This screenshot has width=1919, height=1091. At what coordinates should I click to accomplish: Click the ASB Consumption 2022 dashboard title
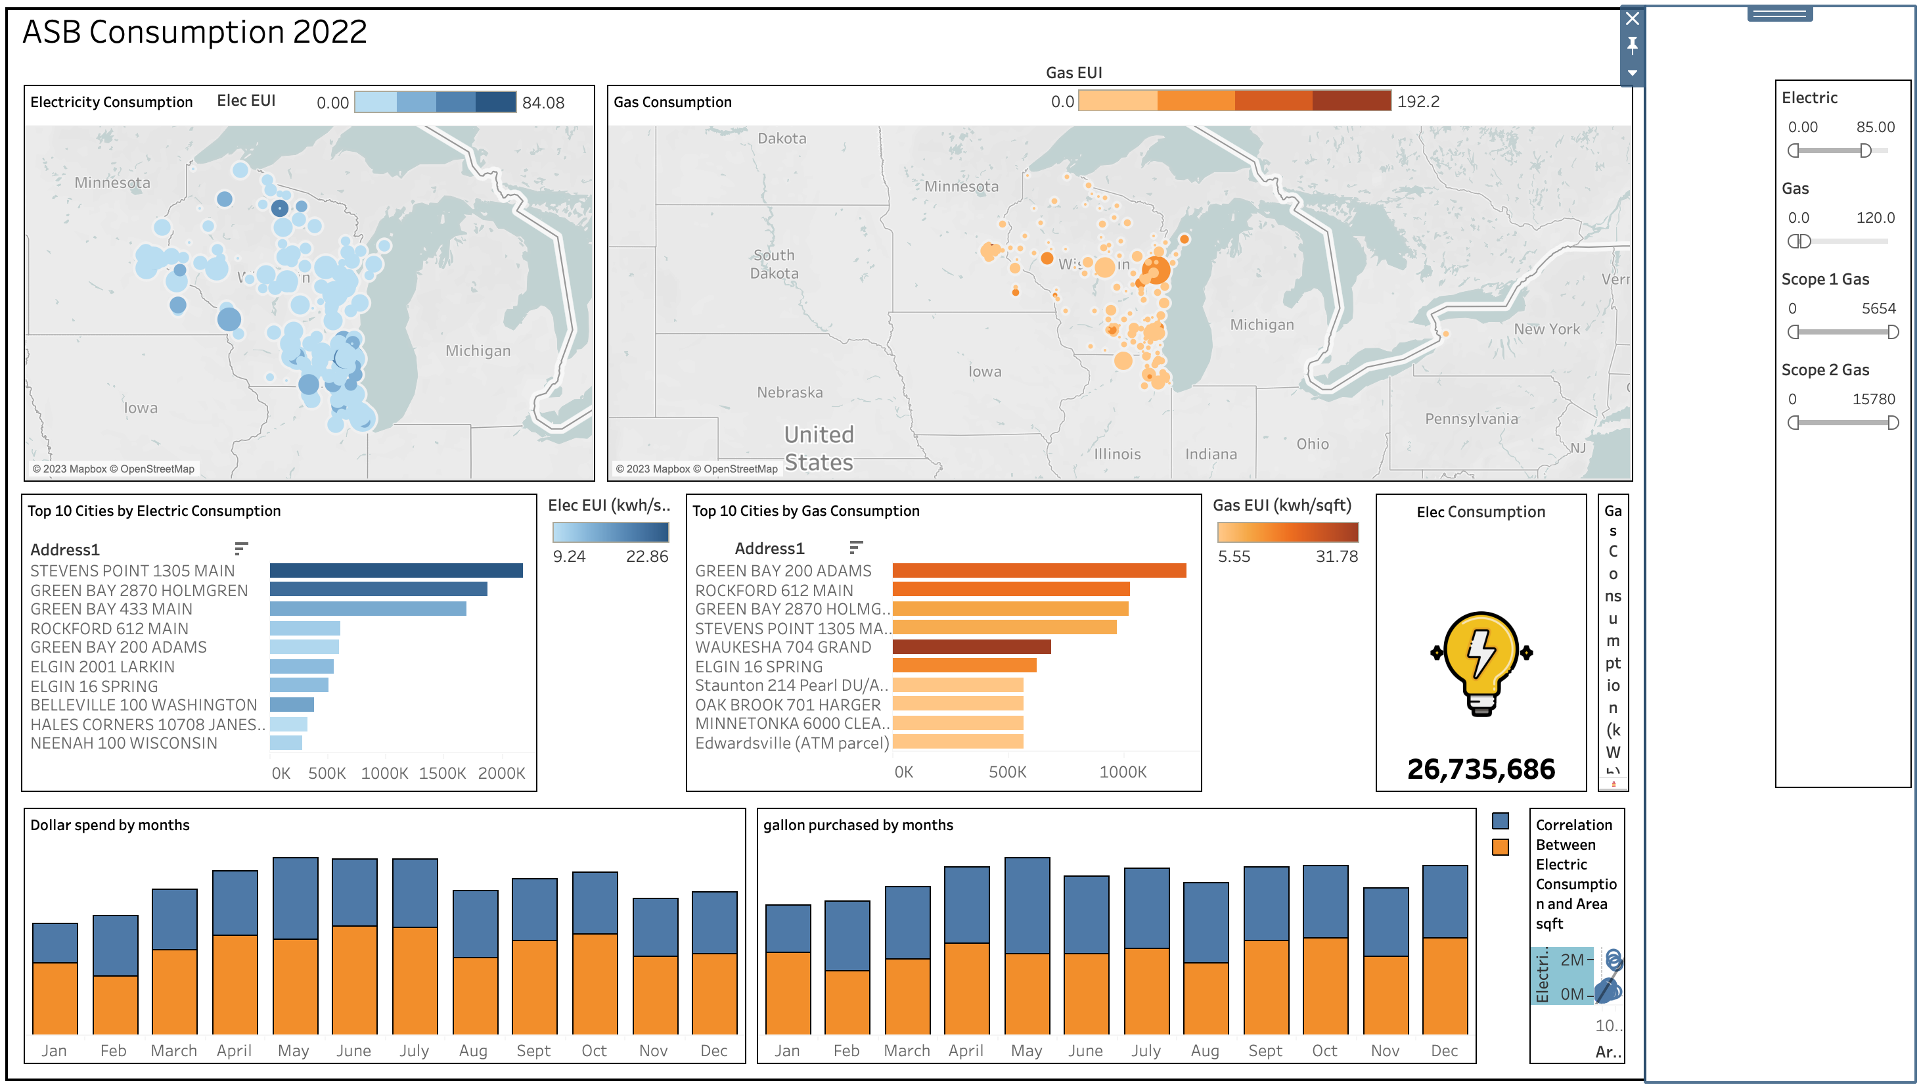click(x=194, y=32)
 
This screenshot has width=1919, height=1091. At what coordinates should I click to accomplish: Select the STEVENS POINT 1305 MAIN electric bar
click(x=395, y=570)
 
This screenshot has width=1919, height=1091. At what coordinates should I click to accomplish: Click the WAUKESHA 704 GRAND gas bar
click(x=971, y=647)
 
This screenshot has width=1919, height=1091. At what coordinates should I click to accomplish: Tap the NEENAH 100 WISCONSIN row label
click(x=124, y=743)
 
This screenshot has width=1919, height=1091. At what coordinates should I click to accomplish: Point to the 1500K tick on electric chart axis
click(x=442, y=772)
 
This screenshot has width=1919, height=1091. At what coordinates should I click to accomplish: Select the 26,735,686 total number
click(x=1480, y=769)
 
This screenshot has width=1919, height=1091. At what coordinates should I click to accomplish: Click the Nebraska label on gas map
click(x=789, y=392)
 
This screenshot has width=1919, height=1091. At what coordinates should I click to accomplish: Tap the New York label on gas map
click(x=1546, y=329)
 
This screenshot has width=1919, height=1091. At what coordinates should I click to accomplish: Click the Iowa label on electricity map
click(x=140, y=408)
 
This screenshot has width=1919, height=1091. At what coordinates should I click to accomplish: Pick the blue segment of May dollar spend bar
click(x=295, y=898)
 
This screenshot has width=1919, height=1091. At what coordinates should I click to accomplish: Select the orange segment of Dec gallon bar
click(x=1443, y=985)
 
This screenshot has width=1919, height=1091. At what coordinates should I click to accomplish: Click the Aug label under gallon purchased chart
click(x=1204, y=1050)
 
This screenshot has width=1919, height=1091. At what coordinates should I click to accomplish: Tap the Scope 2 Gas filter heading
click(x=1824, y=369)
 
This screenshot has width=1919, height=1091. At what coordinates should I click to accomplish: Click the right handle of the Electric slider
click(x=1865, y=151)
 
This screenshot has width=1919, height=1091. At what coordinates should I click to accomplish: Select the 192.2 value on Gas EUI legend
click(x=1417, y=101)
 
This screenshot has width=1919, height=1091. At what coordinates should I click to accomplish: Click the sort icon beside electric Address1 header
click(x=240, y=549)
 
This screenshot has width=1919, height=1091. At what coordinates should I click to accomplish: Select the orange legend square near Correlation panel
click(x=1500, y=847)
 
